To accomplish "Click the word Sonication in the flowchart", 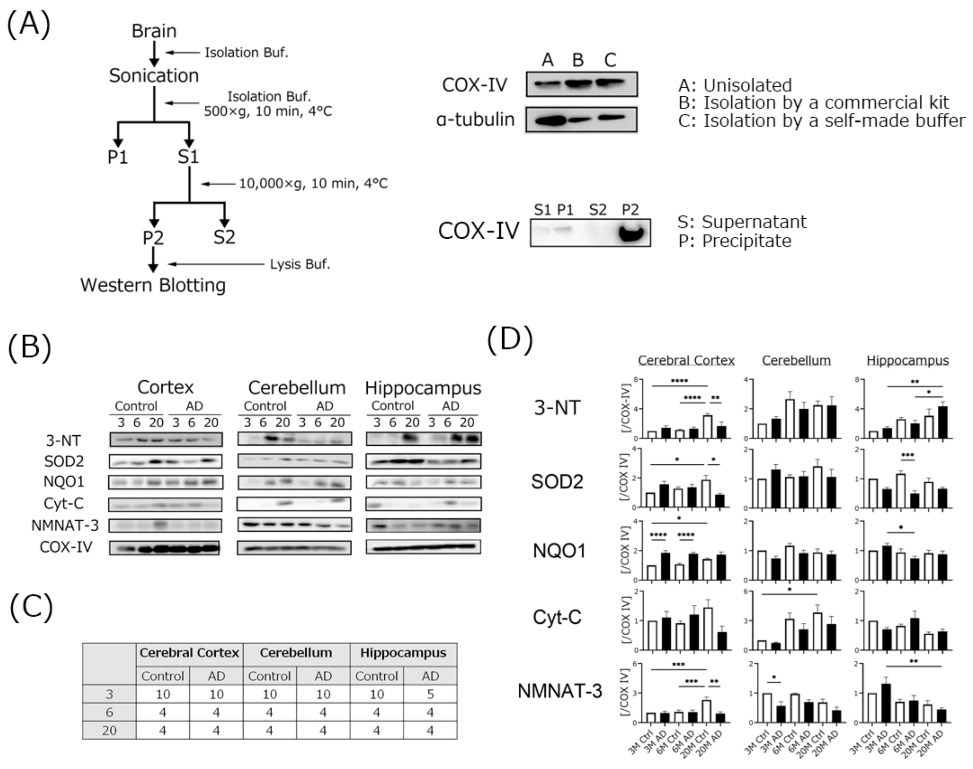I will [153, 76].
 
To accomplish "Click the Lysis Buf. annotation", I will [300, 264].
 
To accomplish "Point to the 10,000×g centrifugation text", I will [313, 184].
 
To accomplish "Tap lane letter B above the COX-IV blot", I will [578, 60].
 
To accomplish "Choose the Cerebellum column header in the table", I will [296, 653].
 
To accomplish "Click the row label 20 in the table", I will [109, 730].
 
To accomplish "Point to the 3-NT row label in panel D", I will [557, 408].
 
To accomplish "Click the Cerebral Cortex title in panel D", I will [686, 361].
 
